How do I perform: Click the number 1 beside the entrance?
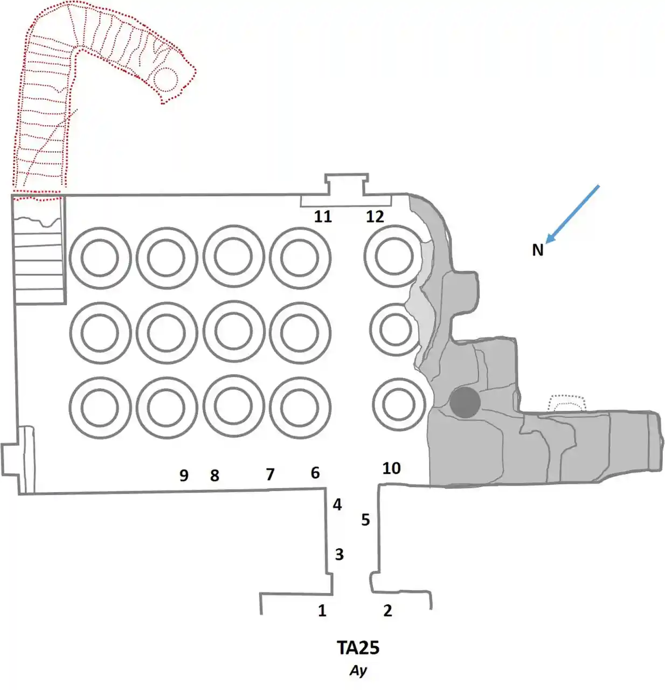322,610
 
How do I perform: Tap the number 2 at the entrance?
387,610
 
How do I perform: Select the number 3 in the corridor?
339,554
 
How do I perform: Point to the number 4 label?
337,505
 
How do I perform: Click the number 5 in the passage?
365,520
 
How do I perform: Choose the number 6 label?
315,473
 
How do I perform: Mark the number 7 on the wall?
270,474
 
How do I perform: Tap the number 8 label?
214,475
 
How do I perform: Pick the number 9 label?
184,475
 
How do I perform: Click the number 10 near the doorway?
392,468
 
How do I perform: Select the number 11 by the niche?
323,217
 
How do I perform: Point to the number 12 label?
375,217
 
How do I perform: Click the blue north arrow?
572,214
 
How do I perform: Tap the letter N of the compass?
537,250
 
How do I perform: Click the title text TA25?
358,647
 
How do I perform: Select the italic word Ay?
358,671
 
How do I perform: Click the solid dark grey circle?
465,402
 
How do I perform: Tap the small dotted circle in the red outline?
165,79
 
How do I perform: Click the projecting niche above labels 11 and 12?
346,185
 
